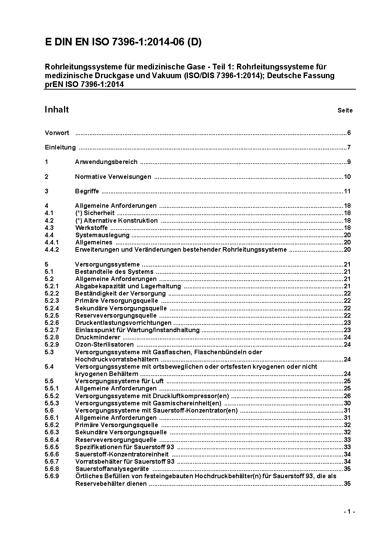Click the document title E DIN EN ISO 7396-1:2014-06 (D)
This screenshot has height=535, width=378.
[123, 42]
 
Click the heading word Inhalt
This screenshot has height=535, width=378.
[57, 110]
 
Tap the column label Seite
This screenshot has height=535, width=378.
[345, 111]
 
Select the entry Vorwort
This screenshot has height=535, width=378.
[57, 133]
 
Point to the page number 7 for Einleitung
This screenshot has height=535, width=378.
[348, 148]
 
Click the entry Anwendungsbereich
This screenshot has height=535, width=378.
[106, 162]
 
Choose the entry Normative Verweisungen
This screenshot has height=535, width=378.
[113, 177]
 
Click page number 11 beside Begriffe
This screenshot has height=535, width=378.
[347, 191]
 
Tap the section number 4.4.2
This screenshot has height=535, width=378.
[52, 250]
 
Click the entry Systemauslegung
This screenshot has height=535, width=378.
[103, 235]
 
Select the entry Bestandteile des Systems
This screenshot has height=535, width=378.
[114, 272]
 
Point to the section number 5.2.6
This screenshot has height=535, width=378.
[52, 323]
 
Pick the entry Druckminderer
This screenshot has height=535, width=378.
[98, 337]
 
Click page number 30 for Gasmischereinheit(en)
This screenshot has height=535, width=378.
[347, 403]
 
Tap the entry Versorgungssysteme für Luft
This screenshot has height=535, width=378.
[119, 381]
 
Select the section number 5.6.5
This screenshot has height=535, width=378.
[52, 447]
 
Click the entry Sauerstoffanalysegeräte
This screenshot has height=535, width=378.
[112, 469]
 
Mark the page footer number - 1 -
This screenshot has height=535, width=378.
[349, 512]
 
